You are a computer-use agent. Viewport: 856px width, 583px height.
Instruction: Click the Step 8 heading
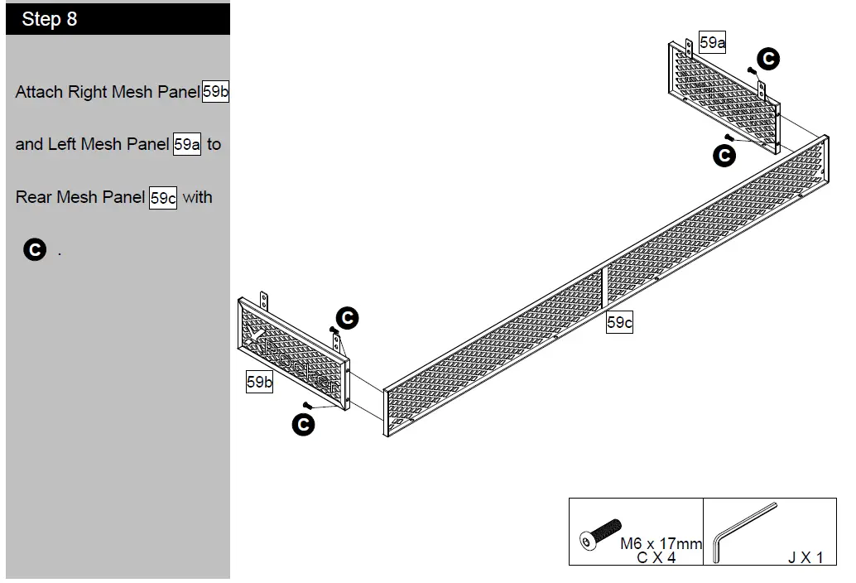click(x=50, y=19)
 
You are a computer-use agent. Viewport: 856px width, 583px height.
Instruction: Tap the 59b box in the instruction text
click(x=215, y=92)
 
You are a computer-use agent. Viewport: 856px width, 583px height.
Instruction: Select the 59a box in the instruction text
click(x=187, y=145)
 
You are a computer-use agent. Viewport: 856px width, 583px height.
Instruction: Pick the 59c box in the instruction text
click(x=163, y=198)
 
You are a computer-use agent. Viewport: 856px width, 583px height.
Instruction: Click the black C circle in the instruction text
click(x=35, y=249)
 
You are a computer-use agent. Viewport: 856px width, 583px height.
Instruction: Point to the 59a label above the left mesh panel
click(x=713, y=43)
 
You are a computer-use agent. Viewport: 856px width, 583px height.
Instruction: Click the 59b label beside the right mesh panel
click(x=259, y=382)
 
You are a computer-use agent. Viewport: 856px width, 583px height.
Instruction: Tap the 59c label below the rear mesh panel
click(x=619, y=323)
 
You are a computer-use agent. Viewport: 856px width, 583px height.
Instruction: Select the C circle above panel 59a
click(x=768, y=59)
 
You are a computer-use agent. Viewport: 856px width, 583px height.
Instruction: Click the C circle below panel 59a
click(x=724, y=156)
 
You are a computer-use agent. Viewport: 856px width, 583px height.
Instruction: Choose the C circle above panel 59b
click(x=347, y=317)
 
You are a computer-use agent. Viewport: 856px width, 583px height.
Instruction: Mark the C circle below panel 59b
click(x=304, y=425)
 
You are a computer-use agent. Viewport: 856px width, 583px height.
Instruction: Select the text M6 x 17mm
click(x=661, y=544)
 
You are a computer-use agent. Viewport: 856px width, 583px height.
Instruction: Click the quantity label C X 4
click(x=656, y=557)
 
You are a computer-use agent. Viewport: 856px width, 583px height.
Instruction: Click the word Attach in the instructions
click(x=39, y=92)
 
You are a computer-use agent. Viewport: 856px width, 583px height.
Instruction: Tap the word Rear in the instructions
click(x=34, y=198)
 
